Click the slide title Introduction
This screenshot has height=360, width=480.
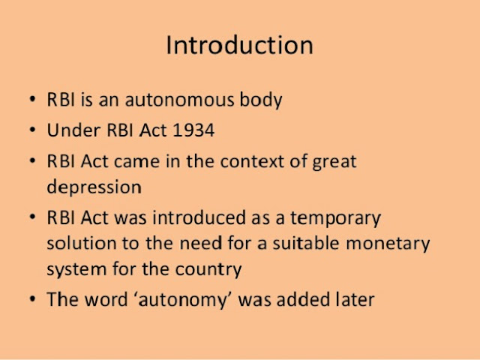tap(239, 45)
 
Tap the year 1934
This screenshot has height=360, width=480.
tap(193, 130)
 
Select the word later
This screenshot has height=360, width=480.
tap(353, 299)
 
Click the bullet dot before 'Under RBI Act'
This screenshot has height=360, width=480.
tap(31, 131)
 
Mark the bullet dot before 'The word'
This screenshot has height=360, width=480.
tap(31, 300)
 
